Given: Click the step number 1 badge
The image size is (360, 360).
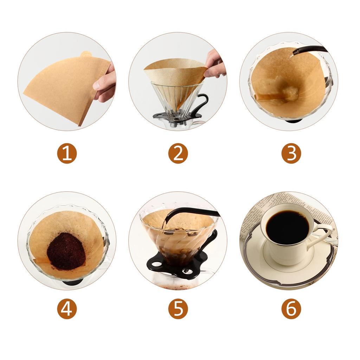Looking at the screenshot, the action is tap(67, 154).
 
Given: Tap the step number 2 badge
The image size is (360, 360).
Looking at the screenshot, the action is tap(178, 154).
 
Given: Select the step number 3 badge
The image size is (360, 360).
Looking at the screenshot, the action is tap(291, 154).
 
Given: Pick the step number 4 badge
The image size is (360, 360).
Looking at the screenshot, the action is tap(67, 309).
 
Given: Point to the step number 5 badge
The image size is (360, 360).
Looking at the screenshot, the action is tap(178, 309).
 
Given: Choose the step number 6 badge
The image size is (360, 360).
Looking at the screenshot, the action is tap(291, 309).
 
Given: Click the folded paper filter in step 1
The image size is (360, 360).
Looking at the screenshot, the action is tap(66, 90).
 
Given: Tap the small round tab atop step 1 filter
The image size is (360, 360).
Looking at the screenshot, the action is tap(86, 54).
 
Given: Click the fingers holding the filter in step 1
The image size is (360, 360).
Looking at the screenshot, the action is tap(105, 83).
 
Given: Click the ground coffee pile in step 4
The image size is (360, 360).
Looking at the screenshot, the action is tap(66, 251).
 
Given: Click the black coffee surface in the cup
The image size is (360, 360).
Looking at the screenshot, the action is tap(287, 227).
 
